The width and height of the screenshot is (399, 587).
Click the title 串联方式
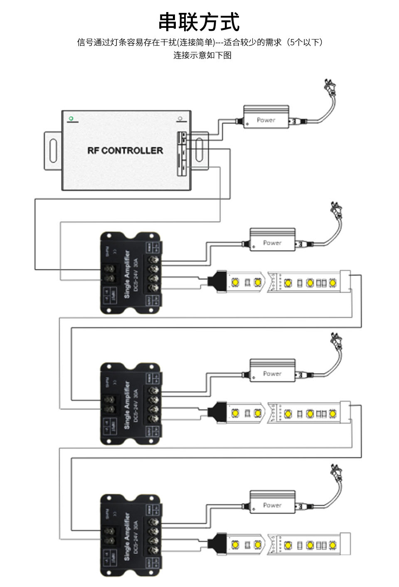[199, 22]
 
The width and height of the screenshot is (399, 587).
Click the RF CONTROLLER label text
[125, 150]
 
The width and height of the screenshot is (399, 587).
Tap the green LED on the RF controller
[71, 119]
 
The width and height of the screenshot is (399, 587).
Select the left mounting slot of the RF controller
[53, 150]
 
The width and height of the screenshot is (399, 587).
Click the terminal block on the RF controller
[182, 153]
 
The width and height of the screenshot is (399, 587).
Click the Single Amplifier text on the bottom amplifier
[127, 536]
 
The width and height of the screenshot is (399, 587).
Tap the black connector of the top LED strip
[217, 281]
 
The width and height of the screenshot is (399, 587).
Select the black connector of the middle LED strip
[217, 412]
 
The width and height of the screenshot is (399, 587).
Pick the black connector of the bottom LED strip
[217, 543]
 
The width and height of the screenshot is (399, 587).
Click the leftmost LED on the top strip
[235, 282]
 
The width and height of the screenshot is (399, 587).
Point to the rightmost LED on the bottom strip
[332, 545]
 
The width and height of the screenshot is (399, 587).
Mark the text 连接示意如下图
[202, 55]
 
